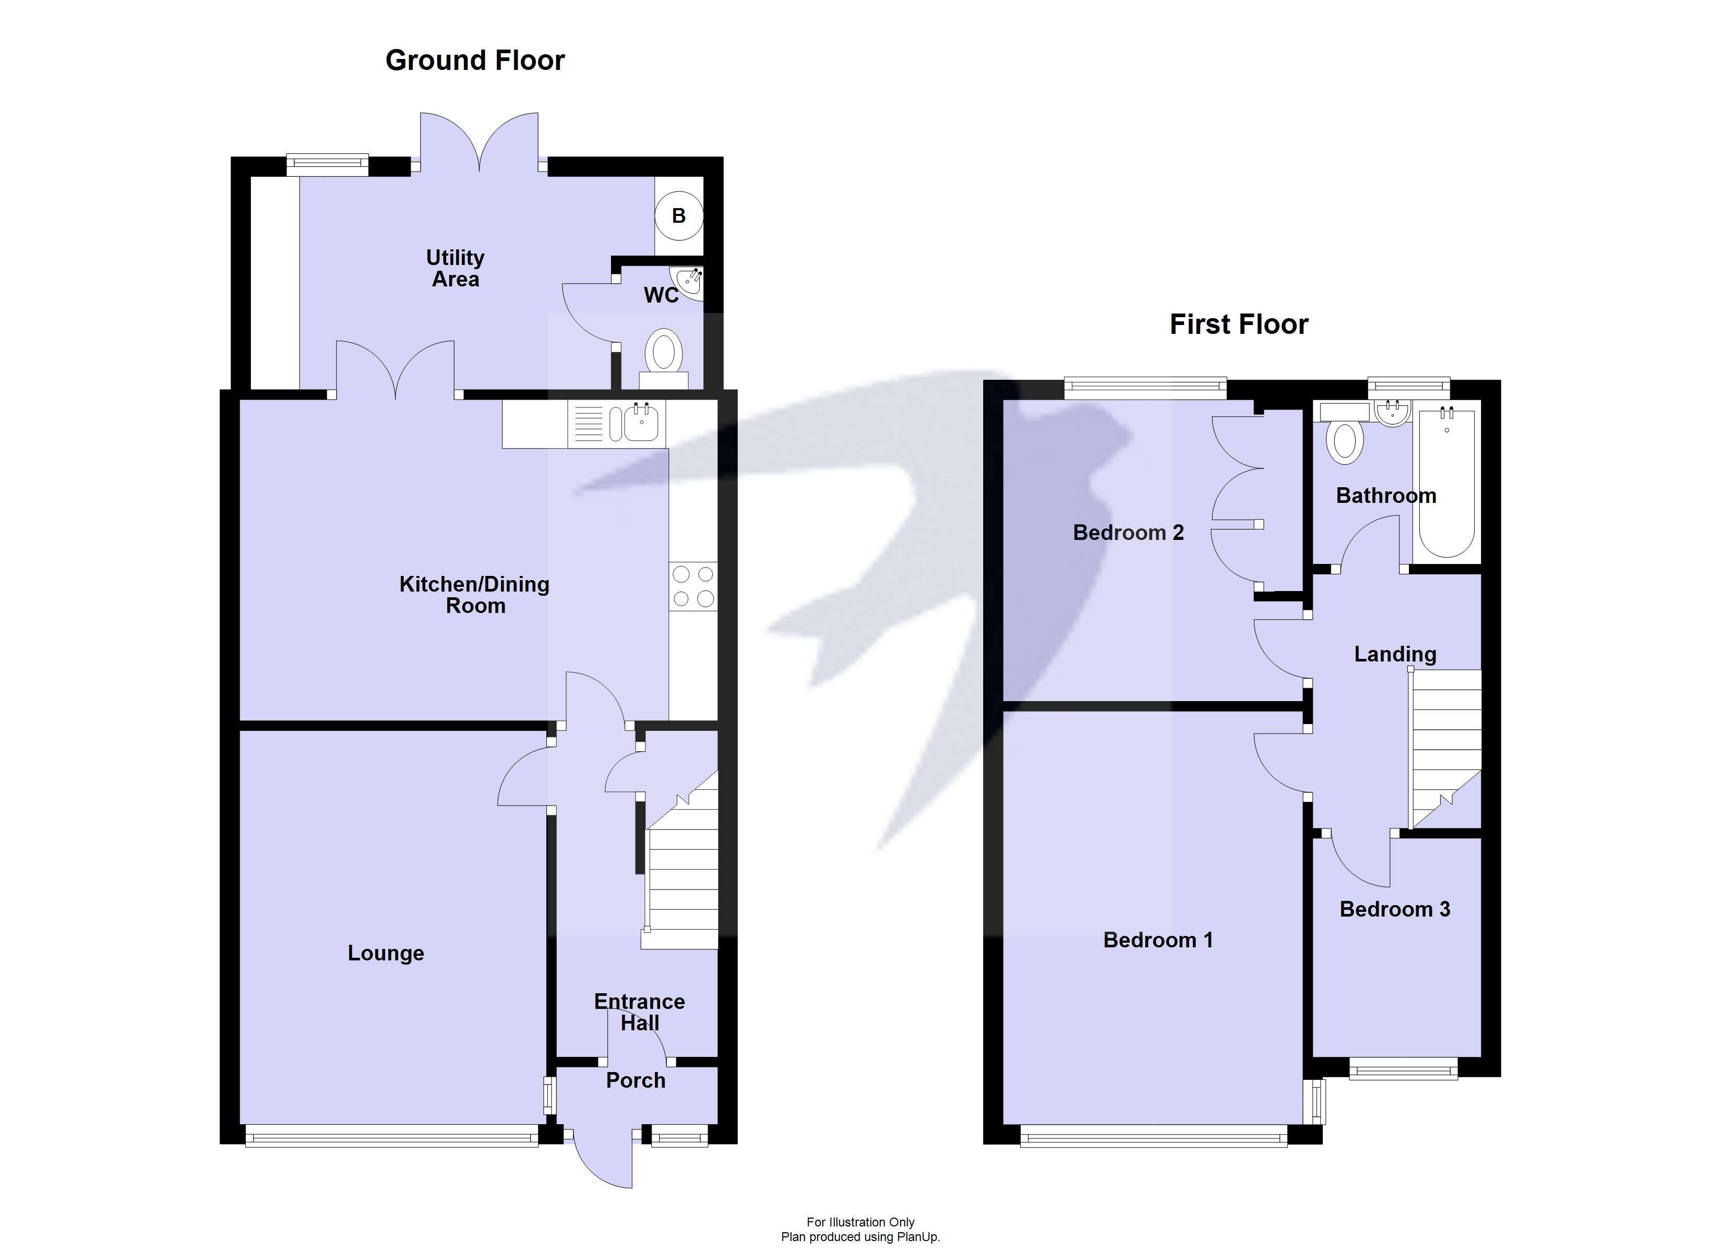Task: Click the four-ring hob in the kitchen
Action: coord(693,586)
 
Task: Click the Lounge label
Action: coord(386,954)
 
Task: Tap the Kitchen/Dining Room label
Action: coord(474,595)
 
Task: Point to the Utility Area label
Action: coord(455,269)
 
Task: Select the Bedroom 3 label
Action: coord(1395,910)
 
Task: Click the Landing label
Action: coord(1395,655)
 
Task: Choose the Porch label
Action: coord(636,1080)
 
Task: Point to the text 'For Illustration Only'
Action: coord(860,1222)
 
